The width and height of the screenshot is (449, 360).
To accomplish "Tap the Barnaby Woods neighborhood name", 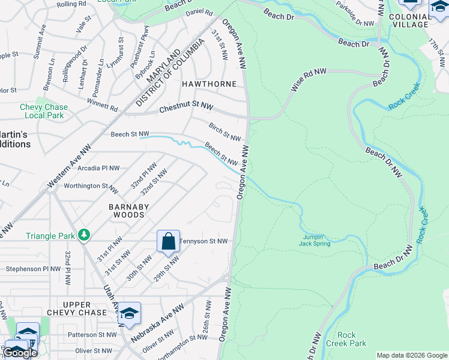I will (126, 211).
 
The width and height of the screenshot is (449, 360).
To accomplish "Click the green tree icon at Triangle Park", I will (85, 233).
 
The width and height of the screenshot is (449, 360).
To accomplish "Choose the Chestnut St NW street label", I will (186, 109).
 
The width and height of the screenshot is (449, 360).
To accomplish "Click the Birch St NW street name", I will (224, 133).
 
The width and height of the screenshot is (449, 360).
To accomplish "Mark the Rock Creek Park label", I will (346, 339).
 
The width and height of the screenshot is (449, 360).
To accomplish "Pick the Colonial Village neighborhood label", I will (409, 21).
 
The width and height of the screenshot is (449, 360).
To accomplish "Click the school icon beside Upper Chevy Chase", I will (129, 313).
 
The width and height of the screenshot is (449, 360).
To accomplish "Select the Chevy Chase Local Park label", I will (43, 111).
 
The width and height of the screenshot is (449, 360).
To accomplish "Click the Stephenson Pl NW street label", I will (33, 269).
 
